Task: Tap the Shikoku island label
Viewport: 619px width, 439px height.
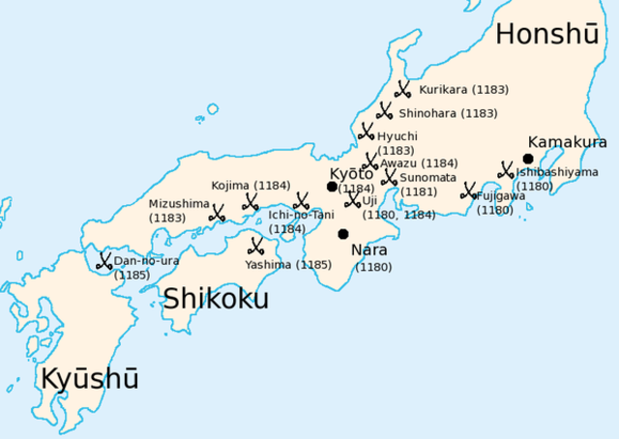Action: pyautogui.click(x=215, y=299)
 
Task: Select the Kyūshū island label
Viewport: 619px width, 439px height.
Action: pyautogui.click(x=89, y=379)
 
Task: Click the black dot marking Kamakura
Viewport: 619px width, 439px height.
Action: pyautogui.click(x=528, y=159)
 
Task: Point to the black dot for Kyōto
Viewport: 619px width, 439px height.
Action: pyautogui.click(x=332, y=187)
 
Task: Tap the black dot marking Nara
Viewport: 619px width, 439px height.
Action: pyautogui.click(x=342, y=234)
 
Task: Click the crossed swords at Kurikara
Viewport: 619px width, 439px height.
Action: pyautogui.click(x=402, y=89)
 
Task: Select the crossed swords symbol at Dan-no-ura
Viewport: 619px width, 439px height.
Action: pyautogui.click(x=103, y=260)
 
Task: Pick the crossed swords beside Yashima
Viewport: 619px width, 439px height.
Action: pyautogui.click(x=256, y=246)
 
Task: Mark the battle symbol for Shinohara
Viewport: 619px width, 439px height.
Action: pyautogui.click(x=383, y=111)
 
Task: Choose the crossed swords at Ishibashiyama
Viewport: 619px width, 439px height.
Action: pyautogui.click(x=505, y=170)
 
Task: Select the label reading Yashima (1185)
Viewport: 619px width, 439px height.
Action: pyautogui.click(x=288, y=264)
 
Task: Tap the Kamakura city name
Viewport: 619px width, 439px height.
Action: pyautogui.click(x=567, y=142)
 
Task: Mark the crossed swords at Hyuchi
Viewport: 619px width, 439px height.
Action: pyautogui.click(x=367, y=132)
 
